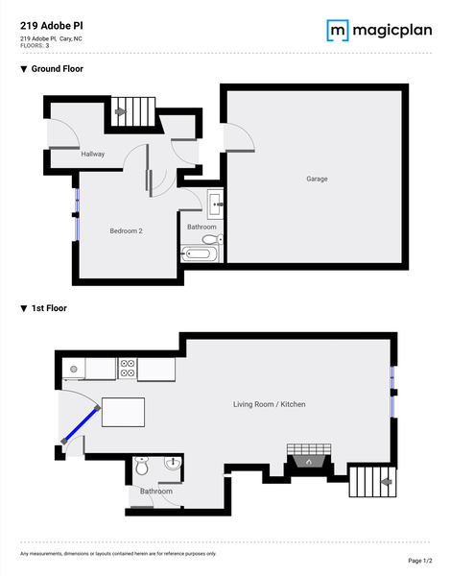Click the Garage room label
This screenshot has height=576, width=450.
pyautogui.click(x=317, y=180)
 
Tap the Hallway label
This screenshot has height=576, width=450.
pyautogui.click(x=93, y=154)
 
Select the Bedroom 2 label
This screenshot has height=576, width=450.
pyautogui.click(x=126, y=230)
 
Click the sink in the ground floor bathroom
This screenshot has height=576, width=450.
pyautogui.click(x=214, y=203)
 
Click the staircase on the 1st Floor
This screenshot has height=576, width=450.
pyautogui.click(x=370, y=481)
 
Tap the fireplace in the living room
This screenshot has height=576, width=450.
pyautogui.click(x=308, y=460)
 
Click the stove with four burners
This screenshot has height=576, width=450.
pyautogui.click(x=128, y=368)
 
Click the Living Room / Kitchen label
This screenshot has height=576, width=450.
pyautogui.click(x=269, y=404)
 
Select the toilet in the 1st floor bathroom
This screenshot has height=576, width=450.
pyautogui.click(x=142, y=468)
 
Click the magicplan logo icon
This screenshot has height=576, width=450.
pyautogui.click(x=338, y=30)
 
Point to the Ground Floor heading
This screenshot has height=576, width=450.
pyautogui.click(x=57, y=69)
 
